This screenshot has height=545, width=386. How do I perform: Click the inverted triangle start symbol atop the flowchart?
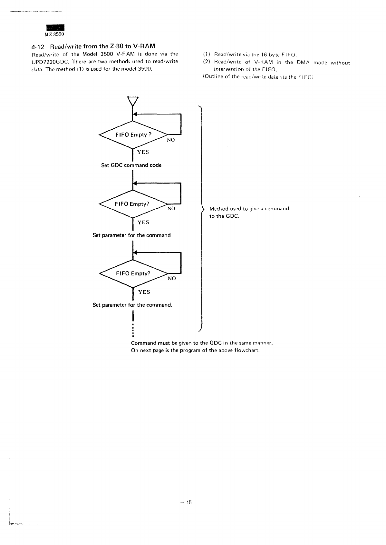pos(133,101)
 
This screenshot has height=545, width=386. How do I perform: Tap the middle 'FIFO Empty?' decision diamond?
pos(132,204)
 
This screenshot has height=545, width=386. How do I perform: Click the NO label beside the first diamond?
pos(171,140)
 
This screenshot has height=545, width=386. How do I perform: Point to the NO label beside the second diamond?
pos(171,209)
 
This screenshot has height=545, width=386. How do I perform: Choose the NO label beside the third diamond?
pos(172,278)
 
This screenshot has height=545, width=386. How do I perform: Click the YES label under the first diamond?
pos(143,152)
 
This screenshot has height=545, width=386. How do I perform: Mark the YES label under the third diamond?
pos(144,292)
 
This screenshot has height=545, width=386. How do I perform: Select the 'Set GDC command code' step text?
pos(131,165)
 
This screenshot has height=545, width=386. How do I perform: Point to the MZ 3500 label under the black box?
pos(55,34)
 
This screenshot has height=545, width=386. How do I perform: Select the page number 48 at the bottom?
pos(188,502)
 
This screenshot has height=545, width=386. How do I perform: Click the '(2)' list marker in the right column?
pos(207,62)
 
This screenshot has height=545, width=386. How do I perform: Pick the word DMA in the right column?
pos(303,62)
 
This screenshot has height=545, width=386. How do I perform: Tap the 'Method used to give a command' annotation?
pos(249,209)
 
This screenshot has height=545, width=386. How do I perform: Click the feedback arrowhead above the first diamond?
pos(135,114)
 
